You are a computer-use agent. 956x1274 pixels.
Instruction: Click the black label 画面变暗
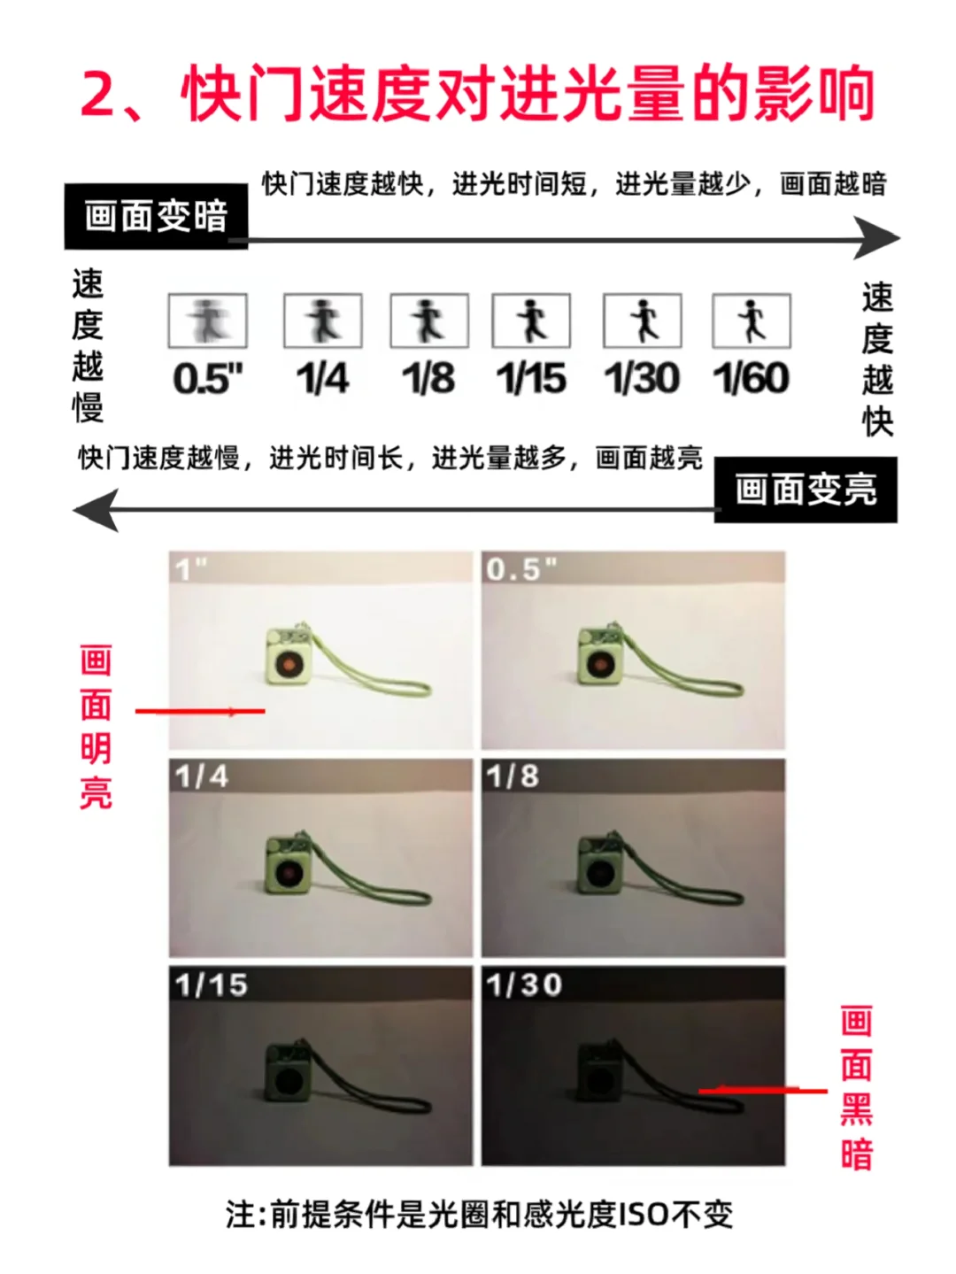[x=156, y=216]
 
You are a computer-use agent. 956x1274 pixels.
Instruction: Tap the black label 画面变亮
[x=806, y=490]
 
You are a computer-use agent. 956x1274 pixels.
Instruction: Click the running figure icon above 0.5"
[x=208, y=321]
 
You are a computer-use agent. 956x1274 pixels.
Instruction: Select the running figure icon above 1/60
[x=752, y=321]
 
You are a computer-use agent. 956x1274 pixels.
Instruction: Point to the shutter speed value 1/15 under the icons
[x=531, y=378]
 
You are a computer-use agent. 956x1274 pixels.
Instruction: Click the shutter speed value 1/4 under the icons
[x=322, y=378]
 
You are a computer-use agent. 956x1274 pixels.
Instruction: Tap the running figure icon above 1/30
[x=642, y=321]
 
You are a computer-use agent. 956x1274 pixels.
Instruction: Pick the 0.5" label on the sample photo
[x=521, y=569]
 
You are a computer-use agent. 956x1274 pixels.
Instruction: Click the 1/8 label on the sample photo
[x=513, y=776]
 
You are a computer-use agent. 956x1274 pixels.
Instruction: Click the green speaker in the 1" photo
[x=288, y=656]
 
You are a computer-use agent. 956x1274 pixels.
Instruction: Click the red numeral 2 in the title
[x=101, y=94]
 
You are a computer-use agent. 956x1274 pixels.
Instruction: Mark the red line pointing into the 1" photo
[x=200, y=711]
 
